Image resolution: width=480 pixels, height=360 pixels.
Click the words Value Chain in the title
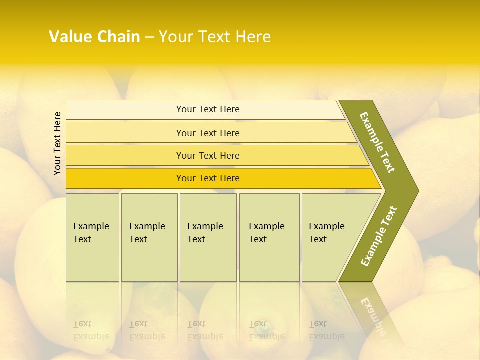click(x=94, y=37)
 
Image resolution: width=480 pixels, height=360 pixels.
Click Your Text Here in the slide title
click(x=215, y=37)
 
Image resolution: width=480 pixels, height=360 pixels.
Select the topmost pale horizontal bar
click(x=205, y=109)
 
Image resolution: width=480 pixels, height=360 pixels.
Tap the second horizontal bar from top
click(x=210, y=133)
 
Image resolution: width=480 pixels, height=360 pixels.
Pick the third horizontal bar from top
click(x=215, y=155)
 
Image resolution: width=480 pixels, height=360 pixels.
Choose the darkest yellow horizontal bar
click(x=220, y=178)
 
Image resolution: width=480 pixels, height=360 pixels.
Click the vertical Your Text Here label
click(x=57, y=143)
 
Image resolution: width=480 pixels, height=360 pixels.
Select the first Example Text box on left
click(x=92, y=237)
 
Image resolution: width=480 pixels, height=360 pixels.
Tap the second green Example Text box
click(x=149, y=237)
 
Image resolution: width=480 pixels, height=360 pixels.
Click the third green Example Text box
click(x=208, y=237)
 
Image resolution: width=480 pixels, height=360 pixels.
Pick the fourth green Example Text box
click(x=269, y=237)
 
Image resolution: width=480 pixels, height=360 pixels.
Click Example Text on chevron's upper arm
click(x=378, y=142)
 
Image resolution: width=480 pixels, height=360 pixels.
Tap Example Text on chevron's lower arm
click(x=379, y=236)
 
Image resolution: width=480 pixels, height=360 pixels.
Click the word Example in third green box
click(x=205, y=226)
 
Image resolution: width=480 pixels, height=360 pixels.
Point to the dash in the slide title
click(x=149, y=37)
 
